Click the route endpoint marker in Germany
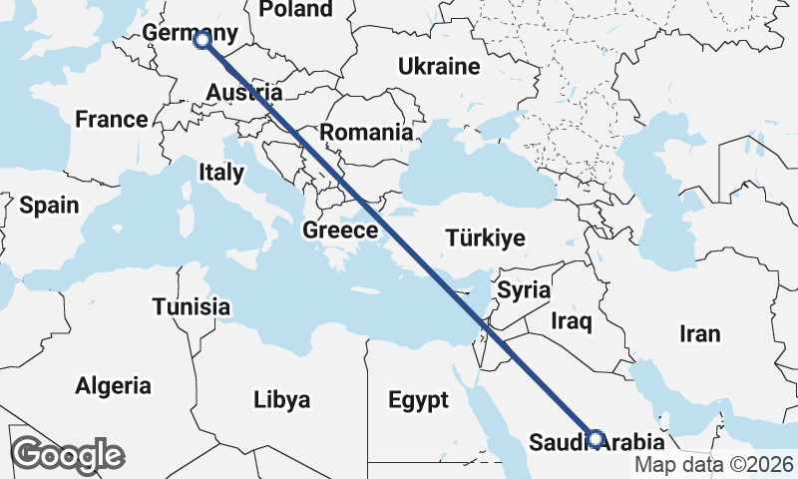coord(202,40)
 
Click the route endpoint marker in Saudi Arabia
coord(596,438)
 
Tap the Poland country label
coord(295,9)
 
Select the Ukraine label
coord(439,67)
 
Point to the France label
coord(112,120)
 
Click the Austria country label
coord(244,93)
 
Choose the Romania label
coord(366,132)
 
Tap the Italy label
coord(221,172)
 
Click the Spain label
coord(49,206)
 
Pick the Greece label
coord(340,231)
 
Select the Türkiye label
coord(485,238)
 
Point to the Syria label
coord(524,290)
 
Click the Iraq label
coord(572,321)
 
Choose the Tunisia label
coord(192,306)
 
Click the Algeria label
coord(115,385)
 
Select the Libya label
coord(281,400)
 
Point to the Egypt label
coord(418,400)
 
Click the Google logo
coord(67,455)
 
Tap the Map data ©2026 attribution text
coord(714,464)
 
